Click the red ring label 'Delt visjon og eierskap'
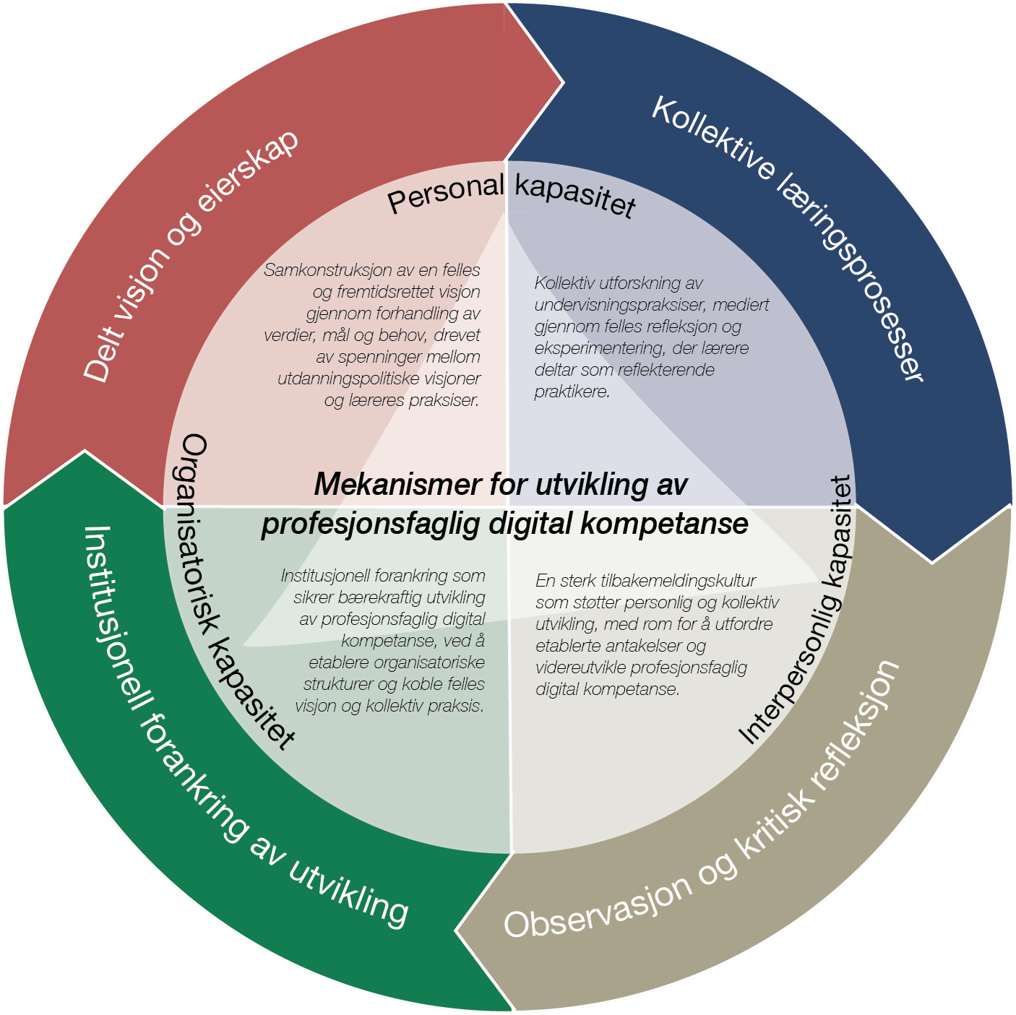(x=191, y=256)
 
